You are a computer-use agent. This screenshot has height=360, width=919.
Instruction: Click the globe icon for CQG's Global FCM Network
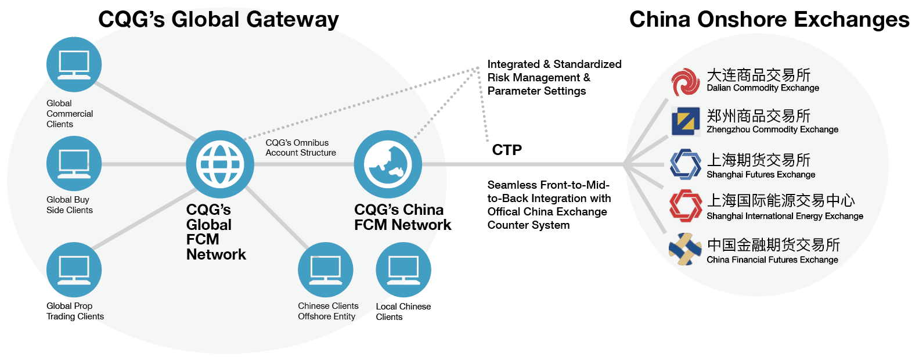tap(220, 164)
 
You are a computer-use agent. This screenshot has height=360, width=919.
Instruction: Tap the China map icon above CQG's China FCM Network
tap(388, 164)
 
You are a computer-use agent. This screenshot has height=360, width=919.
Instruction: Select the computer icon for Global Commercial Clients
tap(74, 64)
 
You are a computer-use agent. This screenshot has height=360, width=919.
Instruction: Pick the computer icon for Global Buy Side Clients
tap(74, 163)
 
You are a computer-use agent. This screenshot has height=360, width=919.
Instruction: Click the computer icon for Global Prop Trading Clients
tap(74, 270)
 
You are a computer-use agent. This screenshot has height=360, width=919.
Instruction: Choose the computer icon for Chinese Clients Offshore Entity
tap(326, 270)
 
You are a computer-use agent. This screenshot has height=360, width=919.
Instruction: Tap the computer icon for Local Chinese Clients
tap(403, 270)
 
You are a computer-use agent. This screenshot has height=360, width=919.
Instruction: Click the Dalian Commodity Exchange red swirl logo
tap(686, 82)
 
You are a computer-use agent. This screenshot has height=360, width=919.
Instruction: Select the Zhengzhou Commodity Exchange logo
tap(686, 121)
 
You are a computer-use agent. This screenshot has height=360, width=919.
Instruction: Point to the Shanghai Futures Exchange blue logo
tap(686, 164)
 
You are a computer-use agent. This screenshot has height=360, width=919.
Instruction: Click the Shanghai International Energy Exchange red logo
tap(686, 206)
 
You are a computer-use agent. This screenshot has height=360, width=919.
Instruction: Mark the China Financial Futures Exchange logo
tap(685, 249)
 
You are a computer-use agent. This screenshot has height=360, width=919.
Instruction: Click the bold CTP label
tap(507, 150)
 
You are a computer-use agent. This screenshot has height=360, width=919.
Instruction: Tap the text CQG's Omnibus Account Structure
tap(301, 147)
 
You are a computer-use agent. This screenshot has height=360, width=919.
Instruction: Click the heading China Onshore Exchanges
tap(769, 19)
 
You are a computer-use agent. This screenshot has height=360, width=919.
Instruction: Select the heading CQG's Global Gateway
tap(218, 19)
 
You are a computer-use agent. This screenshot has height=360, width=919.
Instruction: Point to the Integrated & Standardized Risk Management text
tap(554, 77)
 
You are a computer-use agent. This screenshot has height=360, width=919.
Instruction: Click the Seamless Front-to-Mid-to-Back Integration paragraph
tap(549, 205)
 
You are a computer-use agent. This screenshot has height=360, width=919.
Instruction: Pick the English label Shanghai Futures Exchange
tap(761, 174)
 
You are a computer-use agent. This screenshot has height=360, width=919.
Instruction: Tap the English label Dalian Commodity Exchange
tap(763, 88)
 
